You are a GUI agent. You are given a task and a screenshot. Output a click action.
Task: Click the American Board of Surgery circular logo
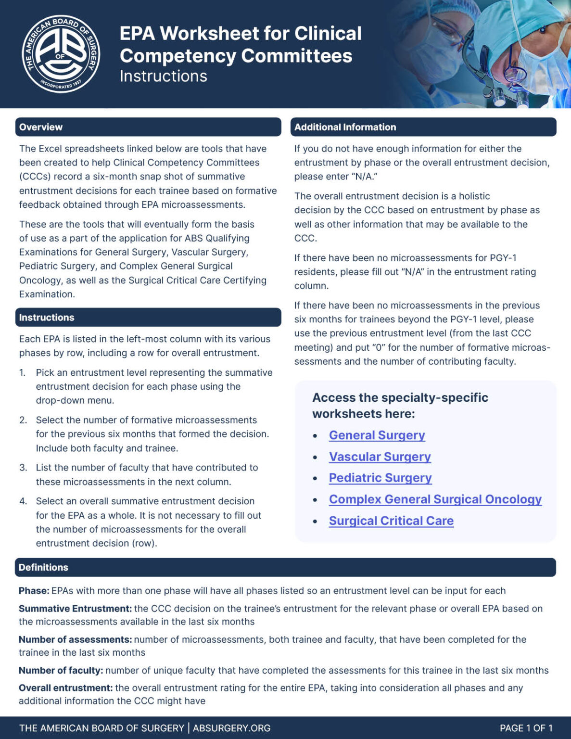click(x=61, y=53)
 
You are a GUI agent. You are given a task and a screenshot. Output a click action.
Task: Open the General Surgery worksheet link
click(x=377, y=435)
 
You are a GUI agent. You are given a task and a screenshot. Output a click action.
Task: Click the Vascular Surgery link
click(x=380, y=457)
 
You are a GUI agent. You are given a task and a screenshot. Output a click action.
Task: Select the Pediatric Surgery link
click(x=380, y=478)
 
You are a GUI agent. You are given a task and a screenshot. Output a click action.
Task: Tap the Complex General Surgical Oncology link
click(x=435, y=499)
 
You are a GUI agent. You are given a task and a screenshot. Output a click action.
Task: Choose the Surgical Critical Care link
click(x=391, y=521)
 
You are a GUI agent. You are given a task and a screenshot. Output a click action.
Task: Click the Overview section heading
click(x=41, y=127)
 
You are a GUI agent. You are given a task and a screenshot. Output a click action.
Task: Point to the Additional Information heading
click(x=345, y=127)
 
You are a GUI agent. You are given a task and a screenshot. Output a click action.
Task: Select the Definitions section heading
click(x=43, y=567)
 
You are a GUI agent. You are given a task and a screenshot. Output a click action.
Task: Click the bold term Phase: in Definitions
click(x=34, y=591)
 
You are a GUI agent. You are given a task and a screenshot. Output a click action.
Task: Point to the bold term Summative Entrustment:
click(x=75, y=609)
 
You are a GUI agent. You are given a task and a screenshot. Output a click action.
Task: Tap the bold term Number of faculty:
click(x=61, y=670)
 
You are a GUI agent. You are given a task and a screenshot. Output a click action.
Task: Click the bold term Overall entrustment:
click(x=65, y=688)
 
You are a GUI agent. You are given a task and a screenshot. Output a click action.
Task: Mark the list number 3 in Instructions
click(x=23, y=468)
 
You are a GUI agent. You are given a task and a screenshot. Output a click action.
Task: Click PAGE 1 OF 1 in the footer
click(x=526, y=728)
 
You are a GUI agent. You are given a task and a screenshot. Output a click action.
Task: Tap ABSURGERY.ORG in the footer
click(x=231, y=728)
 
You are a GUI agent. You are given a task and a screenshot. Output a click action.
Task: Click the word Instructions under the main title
click(x=163, y=76)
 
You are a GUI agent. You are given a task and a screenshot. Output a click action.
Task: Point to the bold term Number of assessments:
click(x=75, y=639)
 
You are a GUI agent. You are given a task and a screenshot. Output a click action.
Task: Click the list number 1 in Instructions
click(x=22, y=373)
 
